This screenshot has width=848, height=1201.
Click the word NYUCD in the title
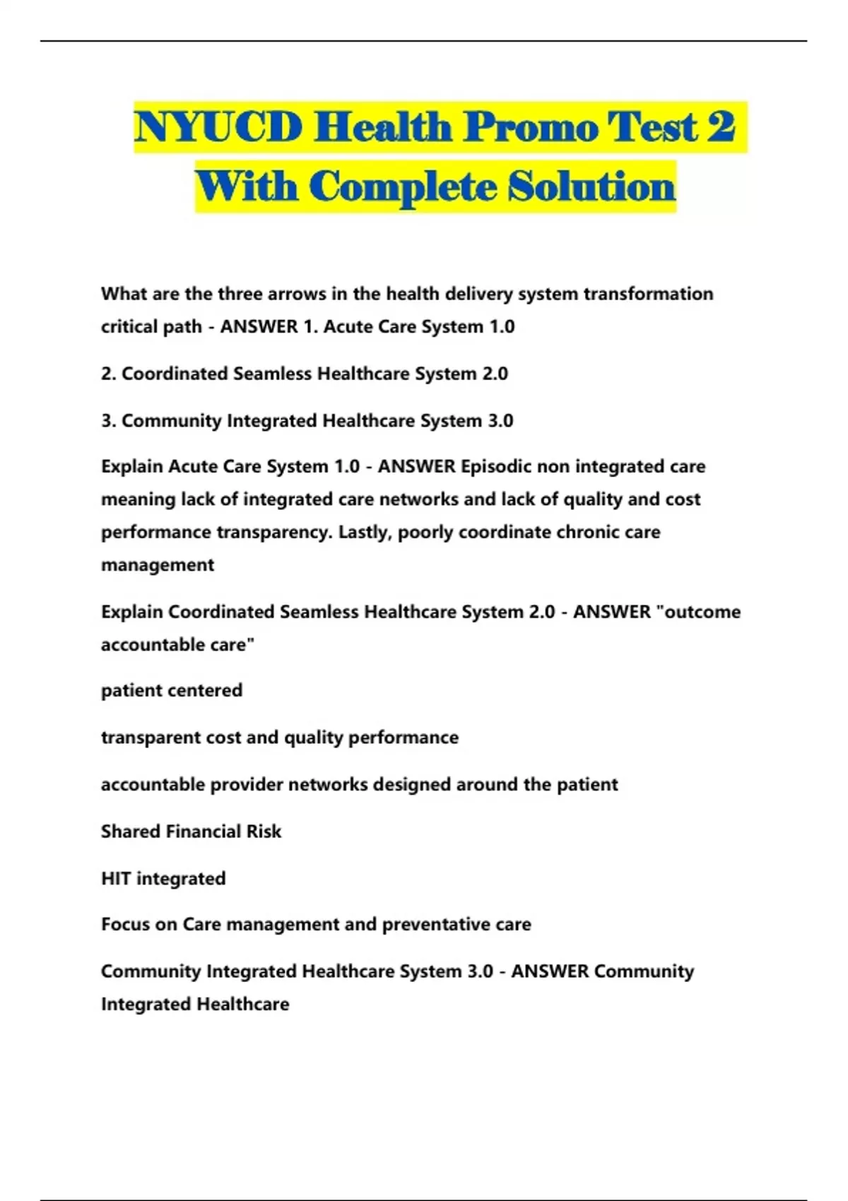[218, 127]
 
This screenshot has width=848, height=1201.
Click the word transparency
[274, 532]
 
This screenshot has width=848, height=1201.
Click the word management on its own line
[158, 565]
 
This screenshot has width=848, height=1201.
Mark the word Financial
[203, 832]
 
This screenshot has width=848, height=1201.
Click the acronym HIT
[116, 879]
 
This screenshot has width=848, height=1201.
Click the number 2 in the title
[720, 127]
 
